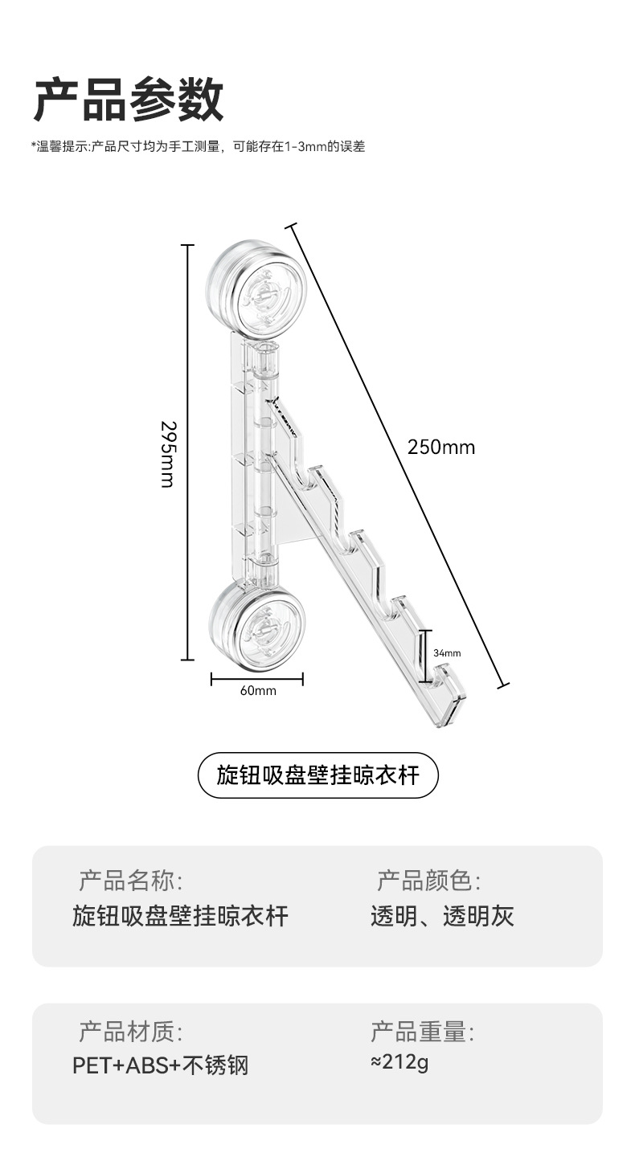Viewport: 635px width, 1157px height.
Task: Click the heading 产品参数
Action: pos(128,100)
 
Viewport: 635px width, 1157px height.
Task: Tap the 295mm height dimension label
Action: pos(168,453)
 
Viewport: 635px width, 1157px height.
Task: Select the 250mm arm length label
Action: pos(440,448)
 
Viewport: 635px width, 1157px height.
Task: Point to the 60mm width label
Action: pos(257,691)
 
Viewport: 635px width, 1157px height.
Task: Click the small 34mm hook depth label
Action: pos(447,653)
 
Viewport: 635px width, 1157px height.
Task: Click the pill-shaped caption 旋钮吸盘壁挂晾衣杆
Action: pos(318,775)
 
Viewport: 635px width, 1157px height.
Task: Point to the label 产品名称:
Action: pos(131,881)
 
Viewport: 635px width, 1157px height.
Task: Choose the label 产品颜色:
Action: pos(428,881)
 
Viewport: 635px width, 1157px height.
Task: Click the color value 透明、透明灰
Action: pos(442,916)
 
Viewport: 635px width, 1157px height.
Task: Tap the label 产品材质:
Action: pos(131,1031)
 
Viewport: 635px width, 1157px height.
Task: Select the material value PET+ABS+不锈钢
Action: pos(160,1065)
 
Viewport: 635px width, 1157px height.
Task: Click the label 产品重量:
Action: pos(422,1031)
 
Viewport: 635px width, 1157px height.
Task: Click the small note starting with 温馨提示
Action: pos(198,147)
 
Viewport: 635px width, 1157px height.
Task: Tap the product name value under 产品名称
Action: pos(180,916)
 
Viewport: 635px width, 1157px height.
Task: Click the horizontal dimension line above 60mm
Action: pos(257,680)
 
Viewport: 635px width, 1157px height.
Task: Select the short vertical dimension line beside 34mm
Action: pos(424,654)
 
